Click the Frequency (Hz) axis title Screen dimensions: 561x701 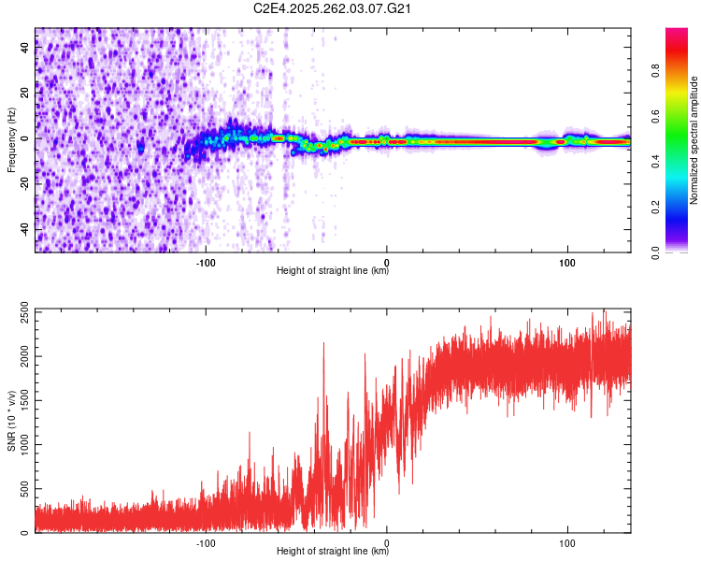click(11, 140)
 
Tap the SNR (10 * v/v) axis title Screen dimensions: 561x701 click(11, 421)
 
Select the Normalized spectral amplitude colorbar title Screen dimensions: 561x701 click(694, 140)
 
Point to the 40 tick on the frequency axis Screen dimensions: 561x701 click(26, 50)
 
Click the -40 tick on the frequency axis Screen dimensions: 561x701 click(24, 229)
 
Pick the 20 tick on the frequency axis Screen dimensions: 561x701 click(26, 94)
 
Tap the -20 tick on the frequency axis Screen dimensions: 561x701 click(24, 184)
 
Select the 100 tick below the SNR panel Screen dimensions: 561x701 click(567, 542)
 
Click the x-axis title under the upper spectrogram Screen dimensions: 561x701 click(333, 271)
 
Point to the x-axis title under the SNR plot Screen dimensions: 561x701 click(333, 552)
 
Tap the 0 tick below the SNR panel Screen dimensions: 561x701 click(387, 542)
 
